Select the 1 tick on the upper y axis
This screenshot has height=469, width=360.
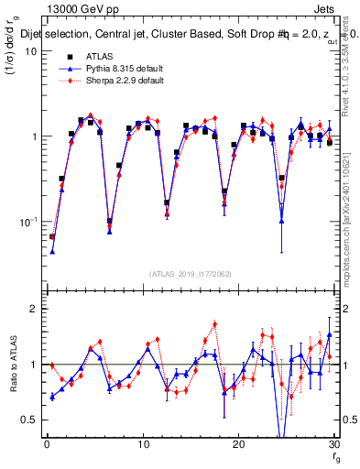(x=35, y=136)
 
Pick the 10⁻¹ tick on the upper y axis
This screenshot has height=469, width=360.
(x=29, y=222)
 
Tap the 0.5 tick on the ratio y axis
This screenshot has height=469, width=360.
(x=30, y=420)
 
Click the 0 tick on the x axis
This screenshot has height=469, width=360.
(x=47, y=445)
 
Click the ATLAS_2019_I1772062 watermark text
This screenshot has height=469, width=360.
(x=190, y=273)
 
